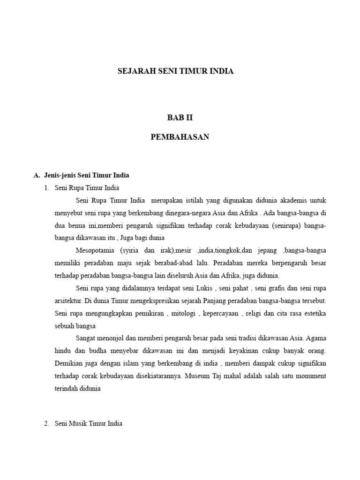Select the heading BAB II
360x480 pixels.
(x=180, y=118)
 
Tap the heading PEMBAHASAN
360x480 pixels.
(x=180, y=137)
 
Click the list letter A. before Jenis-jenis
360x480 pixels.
(x=37, y=175)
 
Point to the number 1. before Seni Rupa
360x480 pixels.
(x=46, y=188)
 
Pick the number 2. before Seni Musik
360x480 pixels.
(x=46, y=423)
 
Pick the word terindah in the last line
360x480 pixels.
(x=67, y=389)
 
